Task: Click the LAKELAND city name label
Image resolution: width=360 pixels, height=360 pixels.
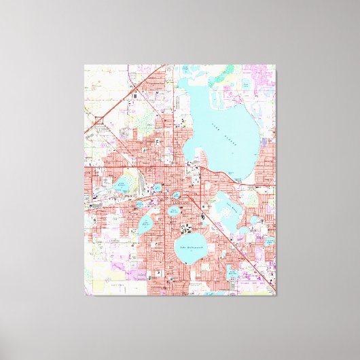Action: click(182, 202)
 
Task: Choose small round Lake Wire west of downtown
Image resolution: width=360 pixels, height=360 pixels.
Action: click(158, 187)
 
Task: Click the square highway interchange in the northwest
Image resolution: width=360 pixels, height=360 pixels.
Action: click(99, 122)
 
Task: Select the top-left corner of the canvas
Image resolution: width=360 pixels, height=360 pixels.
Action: click(85, 65)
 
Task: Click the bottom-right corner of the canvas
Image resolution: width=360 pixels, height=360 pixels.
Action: click(276, 295)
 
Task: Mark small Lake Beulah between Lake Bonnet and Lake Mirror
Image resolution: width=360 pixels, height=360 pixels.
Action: click(139, 203)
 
